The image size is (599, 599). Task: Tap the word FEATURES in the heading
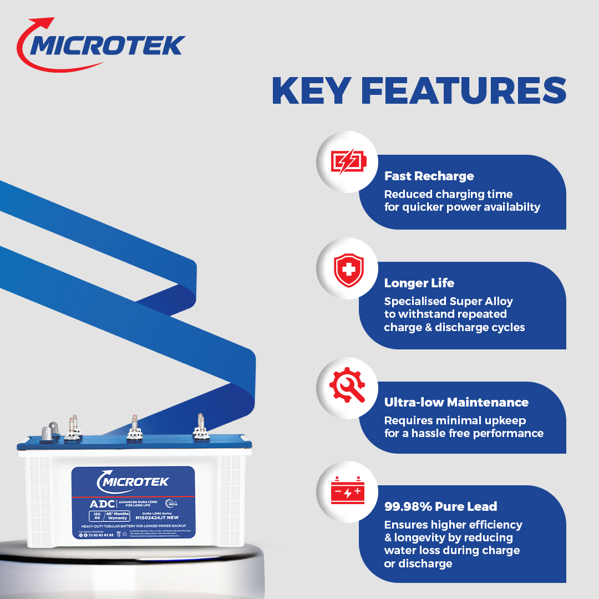pos(471,91)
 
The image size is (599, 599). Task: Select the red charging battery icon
pos(348,162)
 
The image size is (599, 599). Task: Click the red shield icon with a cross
pos(348,270)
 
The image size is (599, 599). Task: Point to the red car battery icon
pos(347,490)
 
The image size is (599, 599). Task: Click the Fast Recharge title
pos(429,176)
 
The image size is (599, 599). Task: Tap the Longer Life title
pos(419,283)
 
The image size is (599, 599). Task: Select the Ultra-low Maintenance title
pos(456,402)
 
